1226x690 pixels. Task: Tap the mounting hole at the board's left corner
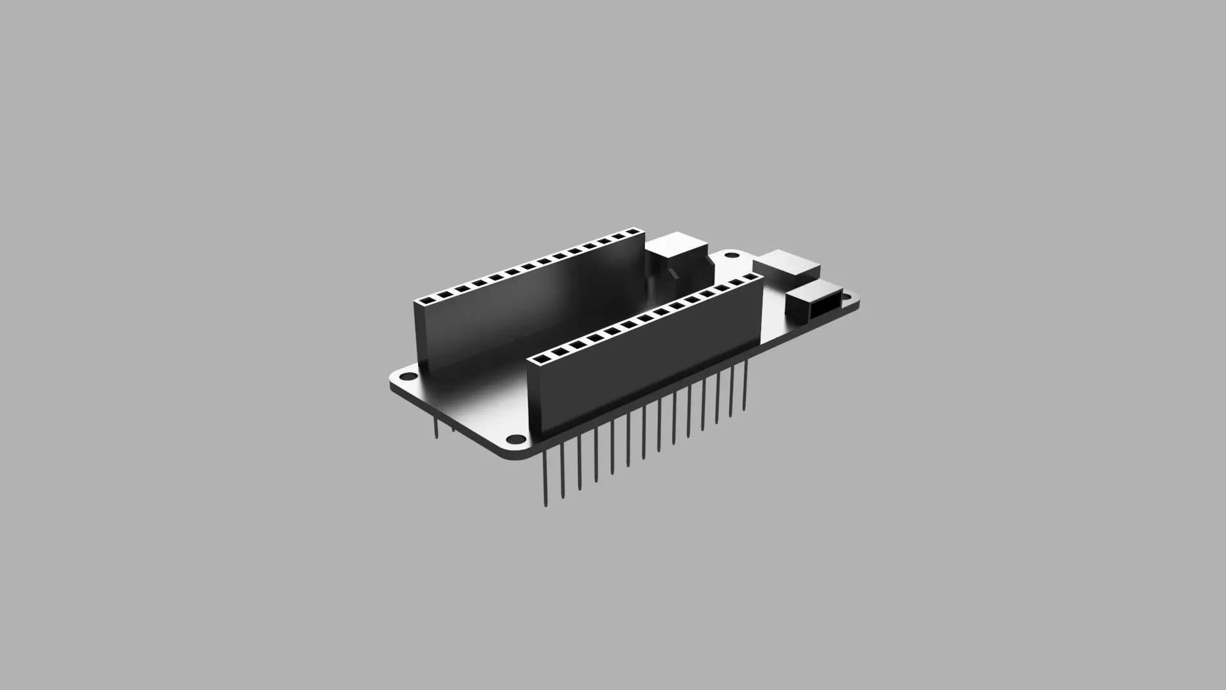(407, 376)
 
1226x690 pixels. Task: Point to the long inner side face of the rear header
(543, 300)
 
